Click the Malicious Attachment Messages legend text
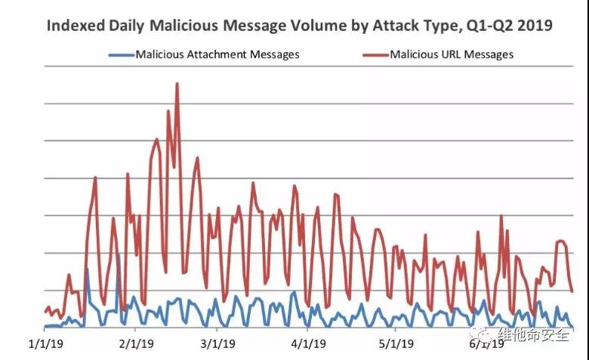(217, 54)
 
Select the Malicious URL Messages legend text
(451, 54)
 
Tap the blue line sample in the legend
(121, 54)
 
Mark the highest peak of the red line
(177, 83)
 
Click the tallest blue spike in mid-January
(87, 269)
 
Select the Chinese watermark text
(533, 334)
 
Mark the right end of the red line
(572, 291)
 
